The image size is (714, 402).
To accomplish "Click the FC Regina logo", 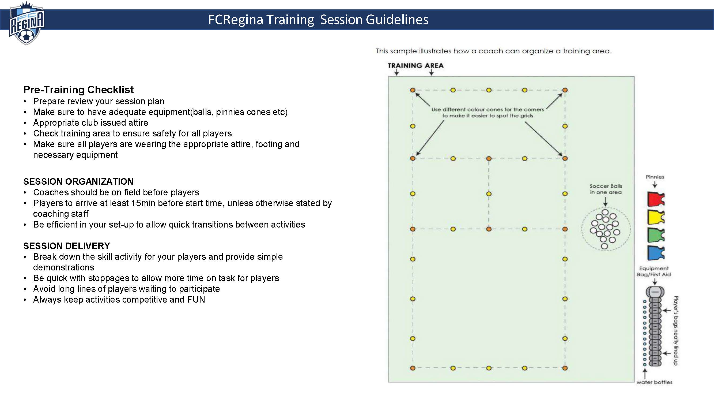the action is (x=26, y=23).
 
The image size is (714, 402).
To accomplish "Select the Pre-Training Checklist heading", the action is (x=78, y=90).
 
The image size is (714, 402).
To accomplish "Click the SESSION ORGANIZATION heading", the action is (x=78, y=181).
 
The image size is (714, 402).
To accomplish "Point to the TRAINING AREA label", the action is (x=415, y=65).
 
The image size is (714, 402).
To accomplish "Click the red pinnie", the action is (x=656, y=199).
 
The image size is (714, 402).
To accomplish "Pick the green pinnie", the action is (x=656, y=235).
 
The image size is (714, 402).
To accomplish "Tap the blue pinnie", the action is (x=656, y=253).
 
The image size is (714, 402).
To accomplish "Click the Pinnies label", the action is (x=655, y=177).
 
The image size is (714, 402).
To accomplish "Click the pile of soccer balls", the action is (x=605, y=229).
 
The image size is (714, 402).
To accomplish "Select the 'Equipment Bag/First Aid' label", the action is (x=654, y=271).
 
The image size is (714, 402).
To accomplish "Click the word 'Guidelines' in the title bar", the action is (x=397, y=19).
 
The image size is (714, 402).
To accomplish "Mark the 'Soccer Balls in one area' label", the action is (x=606, y=189).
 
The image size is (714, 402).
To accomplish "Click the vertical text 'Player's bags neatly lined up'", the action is (x=676, y=331).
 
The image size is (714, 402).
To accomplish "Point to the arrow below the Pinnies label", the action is (x=655, y=184).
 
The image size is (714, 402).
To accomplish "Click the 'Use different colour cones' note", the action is (x=488, y=112).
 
